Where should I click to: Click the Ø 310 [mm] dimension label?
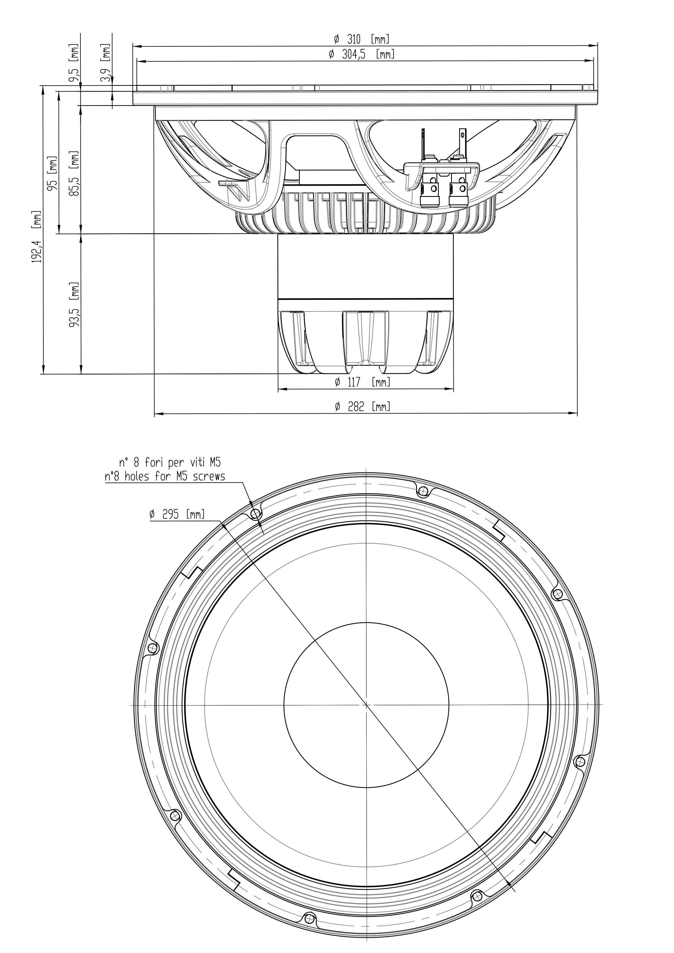click(x=362, y=39)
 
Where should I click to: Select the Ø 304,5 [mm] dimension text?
click(x=361, y=54)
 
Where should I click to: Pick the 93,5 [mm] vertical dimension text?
click(x=75, y=305)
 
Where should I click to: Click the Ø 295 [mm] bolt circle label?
click(x=177, y=515)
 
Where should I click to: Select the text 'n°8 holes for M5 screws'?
click(x=165, y=476)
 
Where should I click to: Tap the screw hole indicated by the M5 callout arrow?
click(x=255, y=514)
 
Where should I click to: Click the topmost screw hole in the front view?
click(x=423, y=492)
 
